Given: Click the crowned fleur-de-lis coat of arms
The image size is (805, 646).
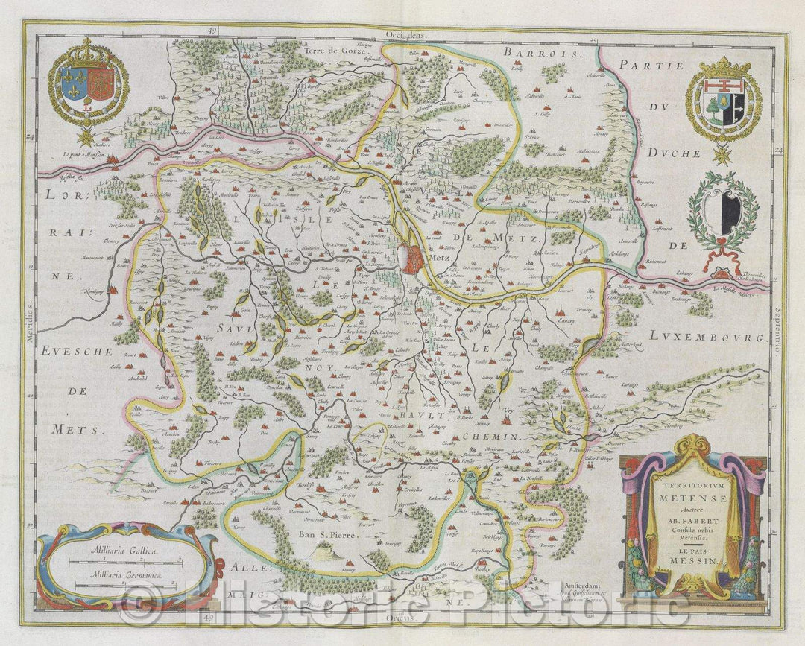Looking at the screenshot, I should (88, 83).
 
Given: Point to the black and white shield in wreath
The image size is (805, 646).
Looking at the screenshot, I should (722, 211).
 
